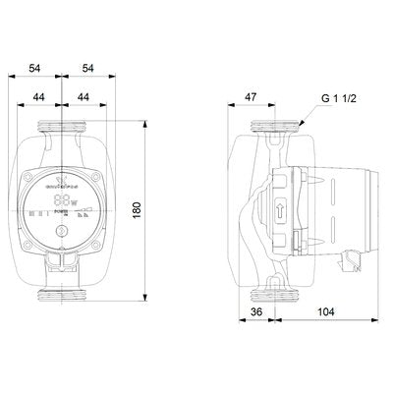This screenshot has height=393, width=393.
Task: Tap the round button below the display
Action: tap(62, 232)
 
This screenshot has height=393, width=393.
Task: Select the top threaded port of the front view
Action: tap(62, 129)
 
